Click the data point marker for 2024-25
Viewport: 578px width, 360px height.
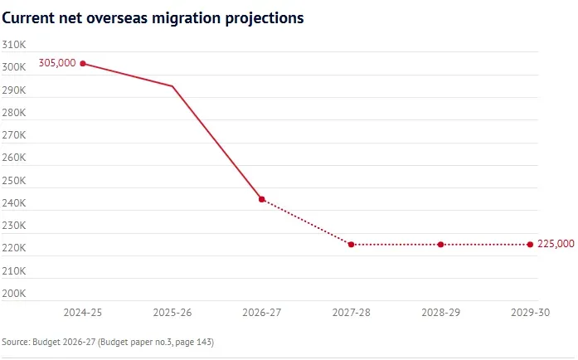[x=83, y=63]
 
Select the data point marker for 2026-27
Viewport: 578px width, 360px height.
[x=262, y=199]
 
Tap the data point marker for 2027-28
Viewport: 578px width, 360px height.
[x=352, y=245]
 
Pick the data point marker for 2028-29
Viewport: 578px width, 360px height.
[x=440, y=245]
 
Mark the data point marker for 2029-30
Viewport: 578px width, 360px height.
[x=530, y=245]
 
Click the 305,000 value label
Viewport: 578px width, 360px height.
[x=57, y=63]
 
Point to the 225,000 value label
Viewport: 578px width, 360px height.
[x=556, y=244]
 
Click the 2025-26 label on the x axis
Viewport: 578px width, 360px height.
[x=172, y=313]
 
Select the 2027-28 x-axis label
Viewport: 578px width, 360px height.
[x=352, y=313]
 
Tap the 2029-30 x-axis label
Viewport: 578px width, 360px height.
[x=530, y=313]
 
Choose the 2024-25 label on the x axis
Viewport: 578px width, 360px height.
[x=83, y=313]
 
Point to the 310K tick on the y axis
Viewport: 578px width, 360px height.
[x=14, y=45]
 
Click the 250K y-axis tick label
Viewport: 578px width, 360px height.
[x=14, y=180]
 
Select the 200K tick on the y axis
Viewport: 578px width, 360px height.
[x=14, y=294]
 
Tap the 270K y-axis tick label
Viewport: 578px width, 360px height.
[x=14, y=135]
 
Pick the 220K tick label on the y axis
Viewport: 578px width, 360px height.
[x=14, y=248]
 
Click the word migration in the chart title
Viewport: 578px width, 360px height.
[x=187, y=18]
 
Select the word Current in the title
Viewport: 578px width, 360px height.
[x=28, y=17]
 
